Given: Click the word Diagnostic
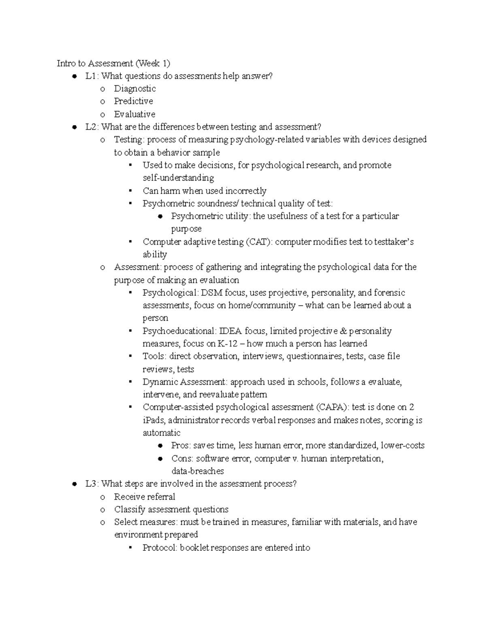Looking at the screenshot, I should point(134,89).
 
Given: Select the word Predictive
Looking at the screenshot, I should point(133,101).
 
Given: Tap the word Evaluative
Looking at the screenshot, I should point(134,114).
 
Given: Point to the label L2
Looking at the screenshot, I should point(92,127).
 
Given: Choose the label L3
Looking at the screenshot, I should point(92,484).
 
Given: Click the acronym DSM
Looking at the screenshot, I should point(212,293).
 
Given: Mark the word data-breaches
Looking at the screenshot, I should point(198,471).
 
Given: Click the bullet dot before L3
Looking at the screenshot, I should point(74,484).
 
